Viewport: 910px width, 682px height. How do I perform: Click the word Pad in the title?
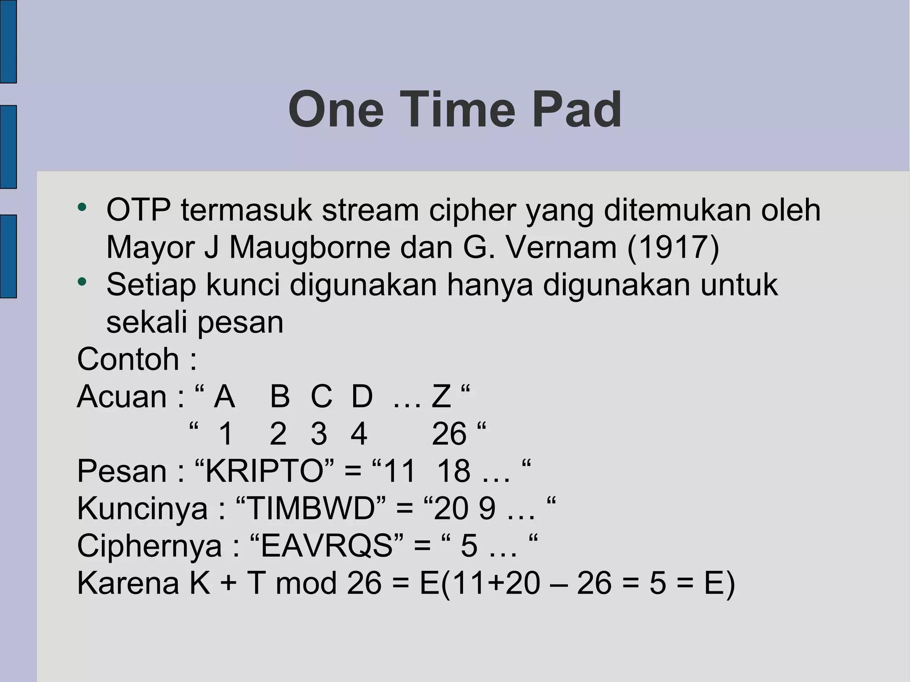pyautogui.click(x=576, y=109)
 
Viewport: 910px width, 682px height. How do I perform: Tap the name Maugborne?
pyautogui.click(x=309, y=247)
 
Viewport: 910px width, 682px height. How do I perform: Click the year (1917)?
pyautogui.click(x=673, y=247)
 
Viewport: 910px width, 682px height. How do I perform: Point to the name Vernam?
pyautogui.click(x=561, y=247)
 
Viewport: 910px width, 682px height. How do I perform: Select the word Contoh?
pyautogui.click(x=128, y=359)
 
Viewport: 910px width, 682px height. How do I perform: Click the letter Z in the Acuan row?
pyautogui.click(x=441, y=396)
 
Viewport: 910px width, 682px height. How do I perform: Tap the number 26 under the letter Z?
pyautogui.click(x=449, y=434)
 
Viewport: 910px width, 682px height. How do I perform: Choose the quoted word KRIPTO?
pyautogui.click(x=264, y=471)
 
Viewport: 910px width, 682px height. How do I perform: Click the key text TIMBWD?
pyautogui.click(x=311, y=508)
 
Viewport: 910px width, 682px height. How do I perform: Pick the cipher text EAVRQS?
pyautogui.click(x=327, y=546)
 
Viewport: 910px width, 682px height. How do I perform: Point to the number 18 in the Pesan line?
pyautogui.click(x=453, y=471)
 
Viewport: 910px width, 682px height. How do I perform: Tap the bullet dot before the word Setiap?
pyautogui.click(x=81, y=282)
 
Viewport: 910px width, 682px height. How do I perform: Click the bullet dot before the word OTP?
pyautogui.click(x=81, y=207)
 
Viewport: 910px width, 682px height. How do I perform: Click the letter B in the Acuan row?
pyautogui.click(x=279, y=396)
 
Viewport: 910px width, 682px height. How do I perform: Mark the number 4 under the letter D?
pyautogui.click(x=359, y=434)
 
